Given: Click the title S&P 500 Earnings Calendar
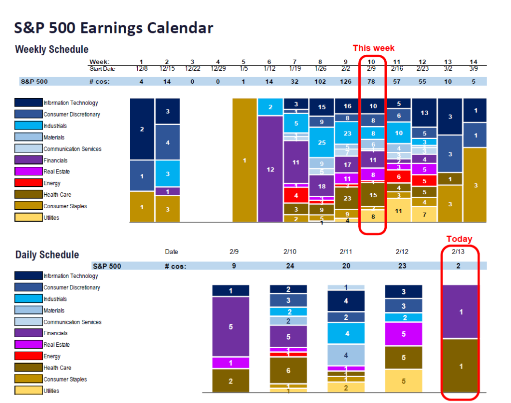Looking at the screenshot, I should coord(114,28).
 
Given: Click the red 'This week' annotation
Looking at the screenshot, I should coord(373,48).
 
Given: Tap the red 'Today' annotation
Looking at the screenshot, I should coord(459,239).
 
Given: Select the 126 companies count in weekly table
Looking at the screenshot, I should coord(346,81).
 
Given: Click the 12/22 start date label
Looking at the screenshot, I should coord(193,68).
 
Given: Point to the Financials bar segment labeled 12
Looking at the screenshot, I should coord(270,169).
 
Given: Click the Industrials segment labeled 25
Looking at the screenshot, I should coord(321,142).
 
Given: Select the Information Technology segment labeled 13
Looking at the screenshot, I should coord(424,113).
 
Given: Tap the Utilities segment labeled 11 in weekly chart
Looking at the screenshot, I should coord(398,211).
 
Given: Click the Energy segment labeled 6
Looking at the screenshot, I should coord(398,176).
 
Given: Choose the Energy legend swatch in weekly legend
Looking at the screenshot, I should coord(28,183).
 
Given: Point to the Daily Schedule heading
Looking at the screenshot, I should coord(47,255).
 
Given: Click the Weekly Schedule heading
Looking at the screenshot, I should coord(51,49).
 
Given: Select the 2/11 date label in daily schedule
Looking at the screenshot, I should coord(346,252).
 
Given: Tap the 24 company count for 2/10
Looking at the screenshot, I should coord(290,266).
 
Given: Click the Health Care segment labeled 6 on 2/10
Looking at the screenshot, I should coord(288,370).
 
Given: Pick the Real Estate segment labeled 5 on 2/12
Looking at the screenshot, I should coord(403,334).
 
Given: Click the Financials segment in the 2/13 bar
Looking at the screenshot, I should coord(460,312).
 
